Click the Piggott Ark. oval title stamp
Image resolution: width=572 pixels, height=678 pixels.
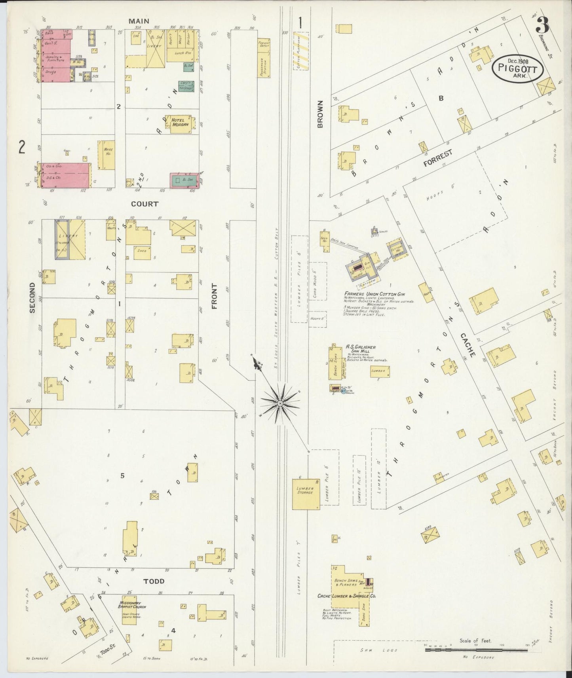click(x=517, y=68)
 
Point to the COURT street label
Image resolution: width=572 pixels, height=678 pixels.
click(x=145, y=204)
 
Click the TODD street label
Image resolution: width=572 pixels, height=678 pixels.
click(x=154, y=581)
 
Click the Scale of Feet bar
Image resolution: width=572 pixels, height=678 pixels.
click(x=475, y=650)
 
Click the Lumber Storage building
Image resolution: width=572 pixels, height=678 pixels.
click(x=306, y=494)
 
